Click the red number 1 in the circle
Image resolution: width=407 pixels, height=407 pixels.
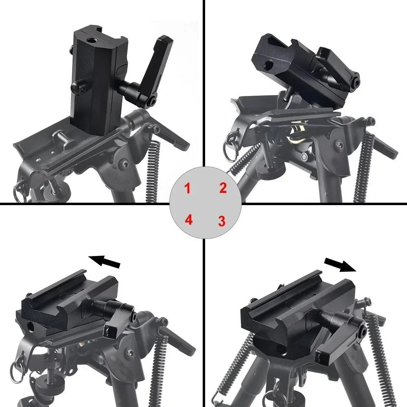click(x=187, y=188)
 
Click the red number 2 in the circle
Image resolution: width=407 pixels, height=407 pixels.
click(x=223, y=188)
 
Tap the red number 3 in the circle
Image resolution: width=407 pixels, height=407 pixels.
click(x=221, y=221)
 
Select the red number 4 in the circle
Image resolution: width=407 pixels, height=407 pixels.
click(x=188, y=220)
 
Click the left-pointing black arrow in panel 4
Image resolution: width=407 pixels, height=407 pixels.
click(x=105, y=262)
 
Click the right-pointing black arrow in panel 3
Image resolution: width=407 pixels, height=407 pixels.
click(x=341, y=265)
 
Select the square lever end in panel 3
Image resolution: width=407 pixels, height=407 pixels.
click(x=328, y=357)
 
